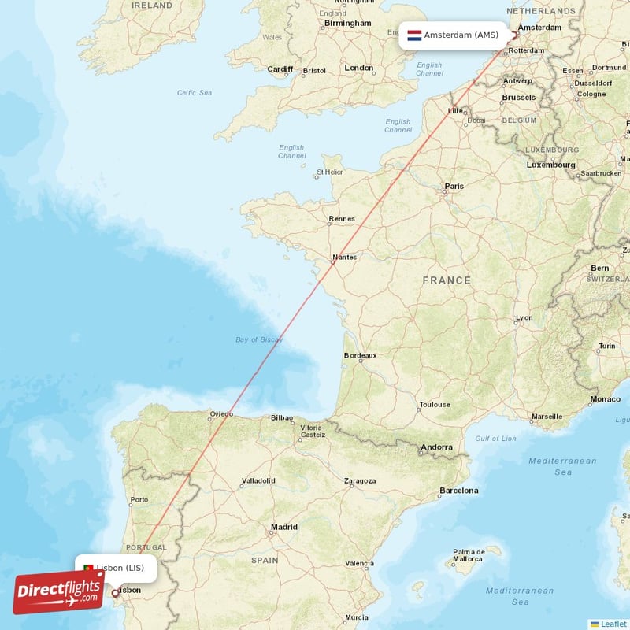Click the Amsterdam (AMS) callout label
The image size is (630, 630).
click(461, 35)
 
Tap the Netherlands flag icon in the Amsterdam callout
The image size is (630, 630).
click(414, 35)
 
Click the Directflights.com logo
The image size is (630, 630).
click(58, 591)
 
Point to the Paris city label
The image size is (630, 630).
click(454, 187)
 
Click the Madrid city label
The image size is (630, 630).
click(284, 527)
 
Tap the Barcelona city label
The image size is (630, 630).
click(459, 491)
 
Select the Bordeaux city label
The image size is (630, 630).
click(360, 355)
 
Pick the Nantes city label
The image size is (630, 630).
click(344, 257)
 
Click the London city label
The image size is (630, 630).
click(359, 68)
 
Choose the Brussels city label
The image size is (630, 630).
click(518, 98)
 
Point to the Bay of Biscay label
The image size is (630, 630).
click(259, 339)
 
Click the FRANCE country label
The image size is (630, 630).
click(447, 280)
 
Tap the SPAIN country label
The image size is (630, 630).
click(265, 561)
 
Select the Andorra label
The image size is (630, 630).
click(437, 447)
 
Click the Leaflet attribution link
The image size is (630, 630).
click(613, 624)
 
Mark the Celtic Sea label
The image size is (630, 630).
click(195, 93)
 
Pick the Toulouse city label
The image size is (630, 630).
click(435, 405)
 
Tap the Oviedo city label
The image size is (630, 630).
click(221, 413)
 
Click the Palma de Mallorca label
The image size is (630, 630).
click(468, 555)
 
